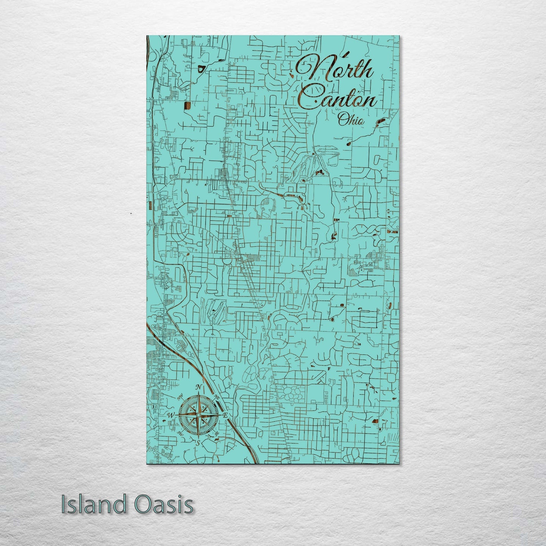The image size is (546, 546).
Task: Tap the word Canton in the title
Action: pos(340,99)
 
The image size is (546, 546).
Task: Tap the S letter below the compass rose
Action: pos(197,443)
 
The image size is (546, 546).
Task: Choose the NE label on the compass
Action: pos(217,397)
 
